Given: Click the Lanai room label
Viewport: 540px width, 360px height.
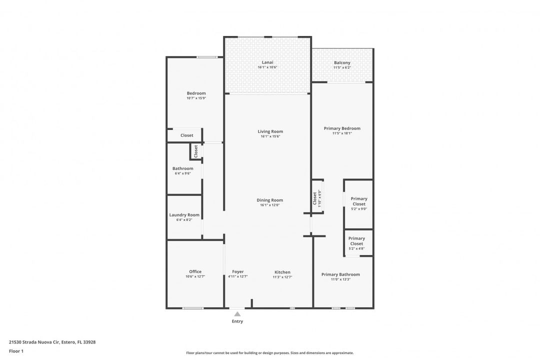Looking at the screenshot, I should click(x=267, y=62).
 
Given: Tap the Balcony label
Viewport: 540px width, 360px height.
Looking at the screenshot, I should click(x=342, y=62).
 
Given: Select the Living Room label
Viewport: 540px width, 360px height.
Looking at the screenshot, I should click(x=270, y=131).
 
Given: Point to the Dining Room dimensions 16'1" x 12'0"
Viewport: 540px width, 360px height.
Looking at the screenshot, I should click(x=270, y=205).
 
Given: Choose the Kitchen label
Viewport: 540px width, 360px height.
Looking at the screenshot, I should click(x=282, y=272).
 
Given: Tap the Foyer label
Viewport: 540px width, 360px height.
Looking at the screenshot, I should click(x=238, y=272).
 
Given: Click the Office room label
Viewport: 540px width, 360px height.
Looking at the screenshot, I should click(x=195, y=271).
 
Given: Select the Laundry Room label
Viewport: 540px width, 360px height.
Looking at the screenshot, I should click(x=184, y=215).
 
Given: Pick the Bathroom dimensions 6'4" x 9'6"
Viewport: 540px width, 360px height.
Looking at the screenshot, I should click(x=183, y=173).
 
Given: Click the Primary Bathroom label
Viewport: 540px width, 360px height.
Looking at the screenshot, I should click(x=340, y=274).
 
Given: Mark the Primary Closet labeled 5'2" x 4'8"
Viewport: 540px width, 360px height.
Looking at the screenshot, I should click(x=356, y=241).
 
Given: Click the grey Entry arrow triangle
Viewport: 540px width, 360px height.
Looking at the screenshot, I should click(x=237, y=314).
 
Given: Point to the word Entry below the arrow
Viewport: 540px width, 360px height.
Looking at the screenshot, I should click(x=237, y=321).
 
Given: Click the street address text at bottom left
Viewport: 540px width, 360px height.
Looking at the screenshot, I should click(x=52, y=342).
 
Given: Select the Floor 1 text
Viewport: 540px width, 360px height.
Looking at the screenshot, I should click(x=16, y=351).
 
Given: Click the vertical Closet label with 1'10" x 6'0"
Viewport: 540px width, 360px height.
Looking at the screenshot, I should click(x=315, y=198).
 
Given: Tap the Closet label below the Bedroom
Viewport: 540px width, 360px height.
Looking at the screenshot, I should click(x=187, y=135).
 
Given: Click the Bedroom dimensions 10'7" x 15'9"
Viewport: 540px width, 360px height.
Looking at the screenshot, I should click(x=196, y=98).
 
